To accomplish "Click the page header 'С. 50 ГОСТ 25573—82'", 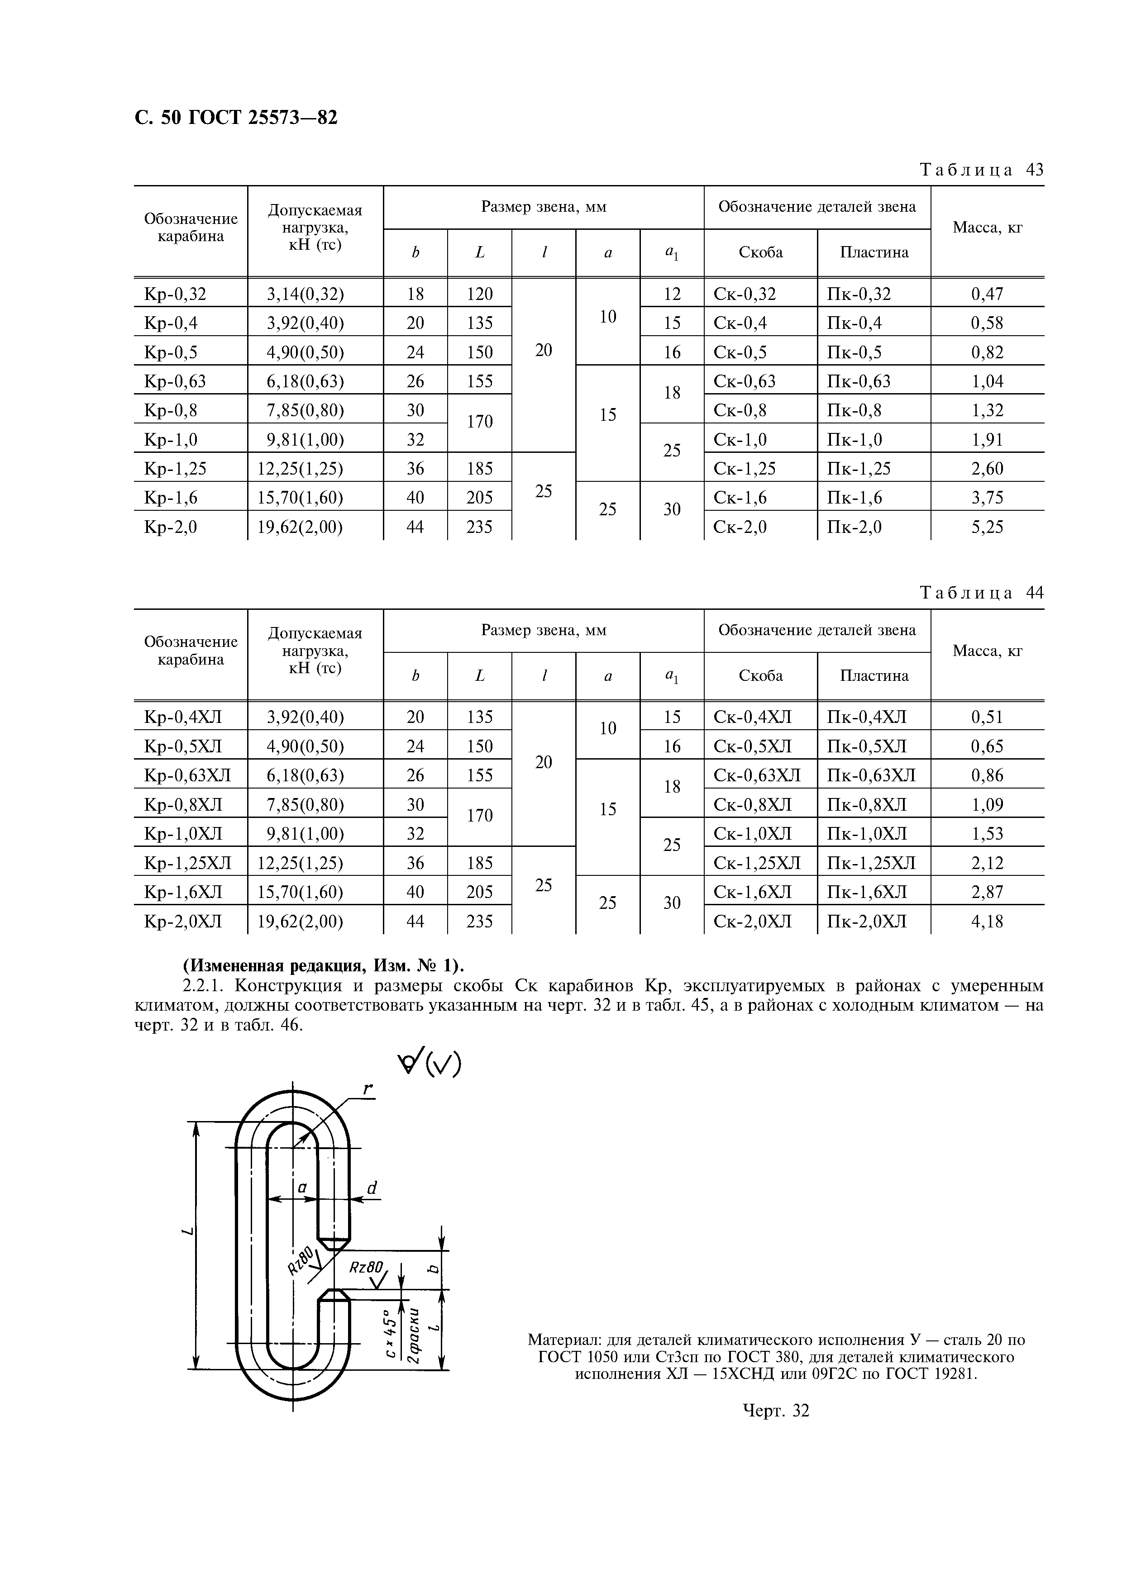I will (x=236, y=118).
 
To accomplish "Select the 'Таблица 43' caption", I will (x=981, y=170).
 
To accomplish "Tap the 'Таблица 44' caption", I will (x=981, y=593).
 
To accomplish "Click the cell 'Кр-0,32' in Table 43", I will (x=175, y=295).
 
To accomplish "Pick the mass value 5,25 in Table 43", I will (x=987, y=527).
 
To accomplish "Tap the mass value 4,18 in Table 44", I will (x=987, y=922).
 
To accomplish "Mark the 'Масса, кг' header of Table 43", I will (x=987, y=228).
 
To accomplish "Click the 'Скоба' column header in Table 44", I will (x=760, y=676).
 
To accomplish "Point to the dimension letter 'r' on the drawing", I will (x=368, y=1090).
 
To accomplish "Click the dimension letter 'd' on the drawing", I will (x=372, y=1188).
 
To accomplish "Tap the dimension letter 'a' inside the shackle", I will (x=302, y=1188).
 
